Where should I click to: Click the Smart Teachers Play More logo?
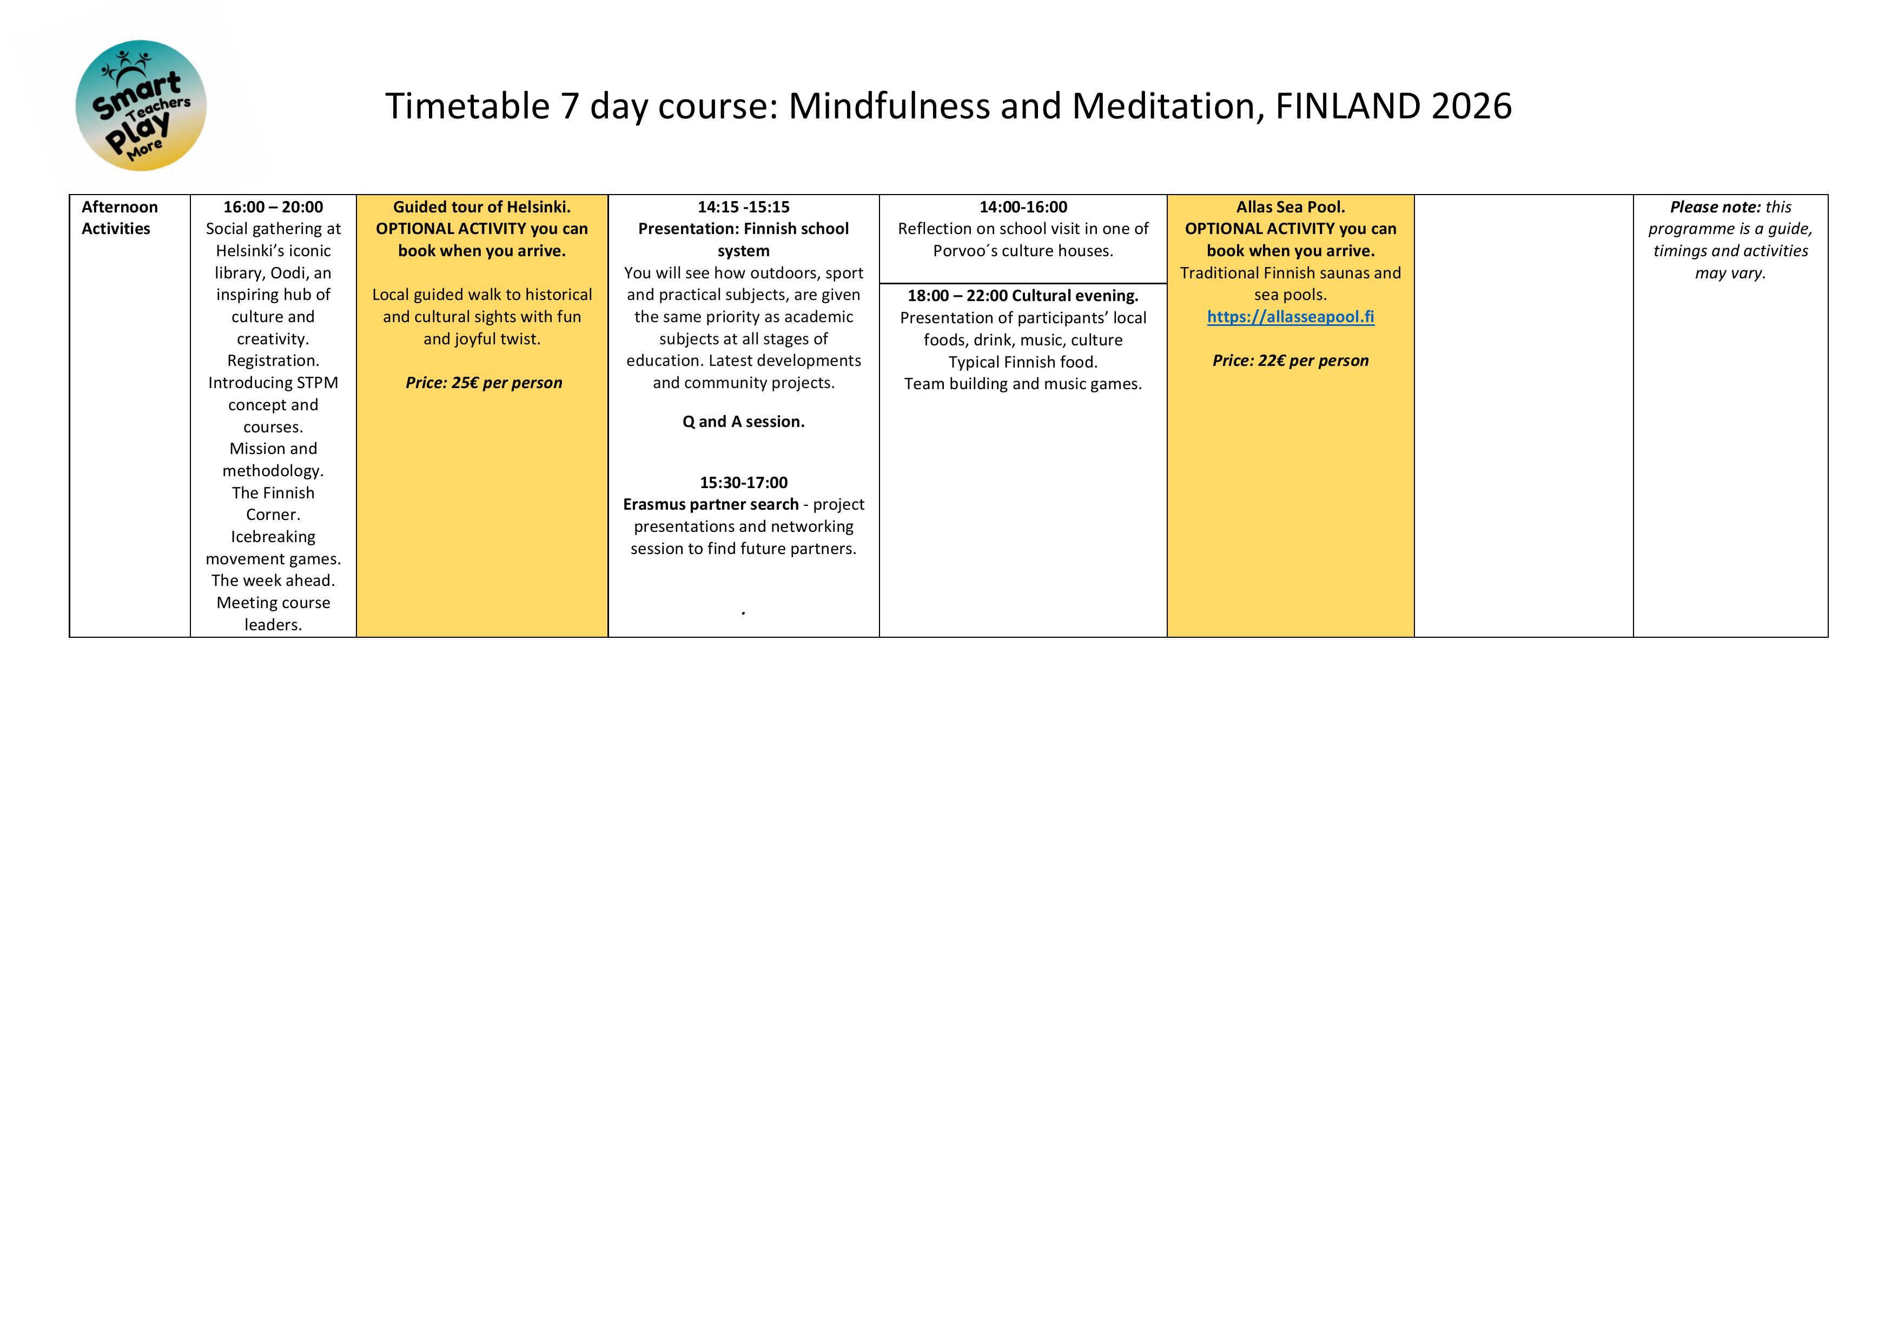click(141, 106)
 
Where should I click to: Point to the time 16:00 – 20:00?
click(273, 206)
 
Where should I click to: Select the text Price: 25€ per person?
click(484, 383)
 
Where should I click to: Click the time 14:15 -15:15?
click(743, 206)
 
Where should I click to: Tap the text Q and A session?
click(743, 422)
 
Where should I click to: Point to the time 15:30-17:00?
click(743, 483)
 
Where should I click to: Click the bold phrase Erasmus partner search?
click(710, 504)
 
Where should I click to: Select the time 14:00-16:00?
click(1023, 206)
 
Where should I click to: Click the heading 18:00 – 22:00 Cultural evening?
click(1023, 296)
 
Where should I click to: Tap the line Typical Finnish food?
click(1023, 362)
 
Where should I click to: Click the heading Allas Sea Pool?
click(1291, 206)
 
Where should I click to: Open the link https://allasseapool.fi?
click(1291, 316)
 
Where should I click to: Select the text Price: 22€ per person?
click(1291, 360)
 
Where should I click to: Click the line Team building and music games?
click(1023, 383)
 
